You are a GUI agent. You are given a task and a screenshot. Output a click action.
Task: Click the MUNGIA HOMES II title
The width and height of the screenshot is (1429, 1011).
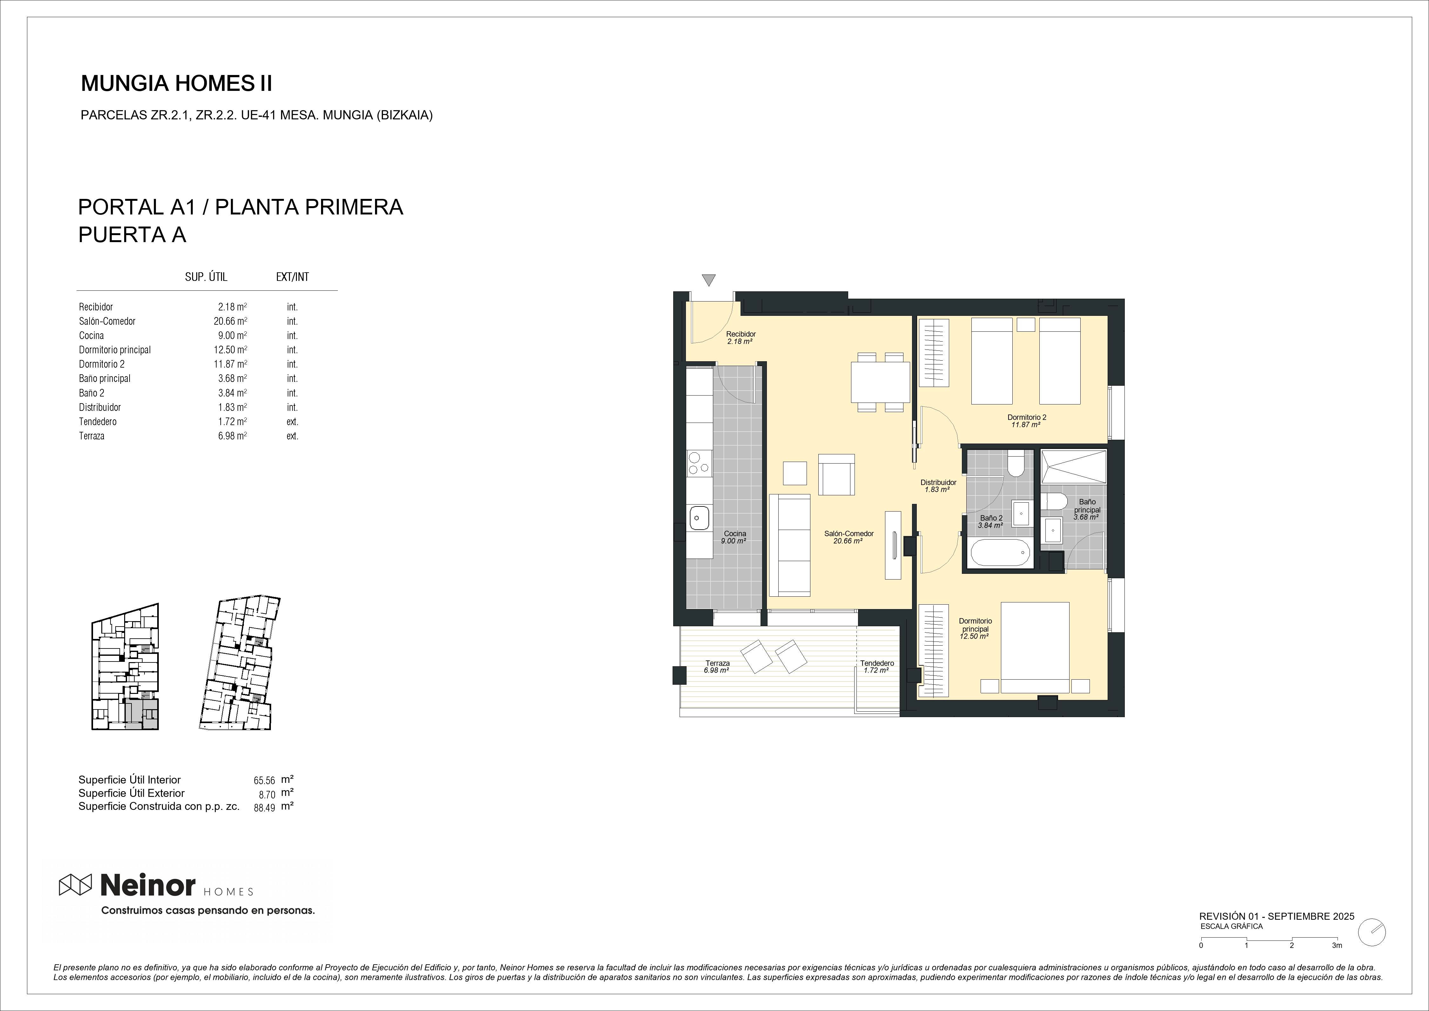pos(177,84)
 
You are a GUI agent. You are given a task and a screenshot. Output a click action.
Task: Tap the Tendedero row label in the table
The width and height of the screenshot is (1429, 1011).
pos(98,421)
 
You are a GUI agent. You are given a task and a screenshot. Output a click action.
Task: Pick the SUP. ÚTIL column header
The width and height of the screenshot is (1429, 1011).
pos(206,277)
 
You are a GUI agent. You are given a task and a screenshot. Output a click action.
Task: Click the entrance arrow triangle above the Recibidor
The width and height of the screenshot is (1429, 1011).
pos(708,280)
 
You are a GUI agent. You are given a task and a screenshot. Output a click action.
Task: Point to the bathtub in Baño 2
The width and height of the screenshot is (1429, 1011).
pos(1000,552)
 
